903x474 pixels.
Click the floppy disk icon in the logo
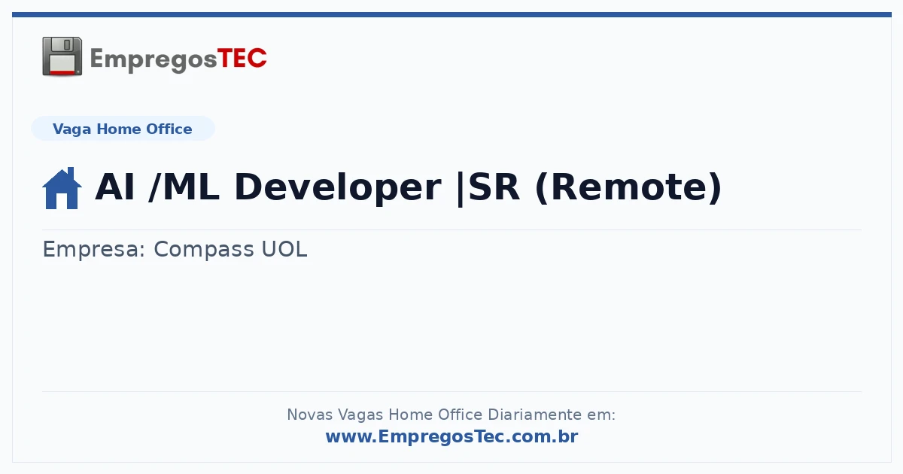tap(62, 56)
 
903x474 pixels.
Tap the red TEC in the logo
tap(242, 59)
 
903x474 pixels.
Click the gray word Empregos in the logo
tap(154, 60)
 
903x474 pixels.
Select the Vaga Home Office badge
tap(123, 129)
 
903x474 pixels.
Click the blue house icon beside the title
tap(62, 188)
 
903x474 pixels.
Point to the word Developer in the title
tap(338, 188)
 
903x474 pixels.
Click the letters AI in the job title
tap(114, 187)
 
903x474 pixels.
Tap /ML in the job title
tap(184, 187)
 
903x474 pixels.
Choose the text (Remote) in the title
tap(628, 188)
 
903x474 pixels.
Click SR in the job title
tap(494, 187)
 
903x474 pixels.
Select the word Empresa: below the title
tap(94, 250)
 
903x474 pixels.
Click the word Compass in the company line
tap(204, 250)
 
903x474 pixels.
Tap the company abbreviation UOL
tap(284, 249)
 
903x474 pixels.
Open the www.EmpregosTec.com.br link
tap(452, 436)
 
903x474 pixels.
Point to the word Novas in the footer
tap(309, 415)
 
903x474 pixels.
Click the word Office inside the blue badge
tap(169, 129)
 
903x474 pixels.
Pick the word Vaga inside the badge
tap(71, 129)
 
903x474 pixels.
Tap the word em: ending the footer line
tap(601, 415)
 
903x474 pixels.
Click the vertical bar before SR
tap(461, 189)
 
